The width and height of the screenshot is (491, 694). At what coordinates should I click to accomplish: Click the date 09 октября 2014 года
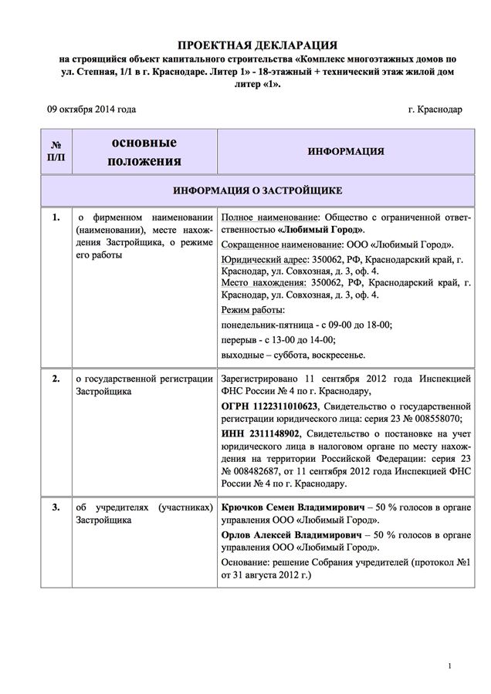click(x=91, y=109)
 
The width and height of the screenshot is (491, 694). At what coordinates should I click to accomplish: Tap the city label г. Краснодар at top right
click(x=435, y=109)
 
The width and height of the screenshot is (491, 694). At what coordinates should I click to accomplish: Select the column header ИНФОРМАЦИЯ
click(x=345, y=151)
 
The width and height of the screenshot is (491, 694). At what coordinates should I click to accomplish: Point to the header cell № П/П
click(x=56, y=151)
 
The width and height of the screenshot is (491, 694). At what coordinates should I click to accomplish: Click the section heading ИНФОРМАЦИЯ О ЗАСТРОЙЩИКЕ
click(x=258, y=190)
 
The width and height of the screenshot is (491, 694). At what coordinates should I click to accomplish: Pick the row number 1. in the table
click(x=56, y=217)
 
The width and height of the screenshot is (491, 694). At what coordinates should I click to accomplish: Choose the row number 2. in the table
click(x=56, y=379)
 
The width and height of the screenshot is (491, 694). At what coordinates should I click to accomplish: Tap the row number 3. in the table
click(x=56, y=509)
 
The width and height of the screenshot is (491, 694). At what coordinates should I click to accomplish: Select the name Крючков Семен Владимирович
click(x=292, y=509)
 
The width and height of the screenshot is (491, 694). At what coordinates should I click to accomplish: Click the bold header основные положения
click(x=144, y=152)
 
